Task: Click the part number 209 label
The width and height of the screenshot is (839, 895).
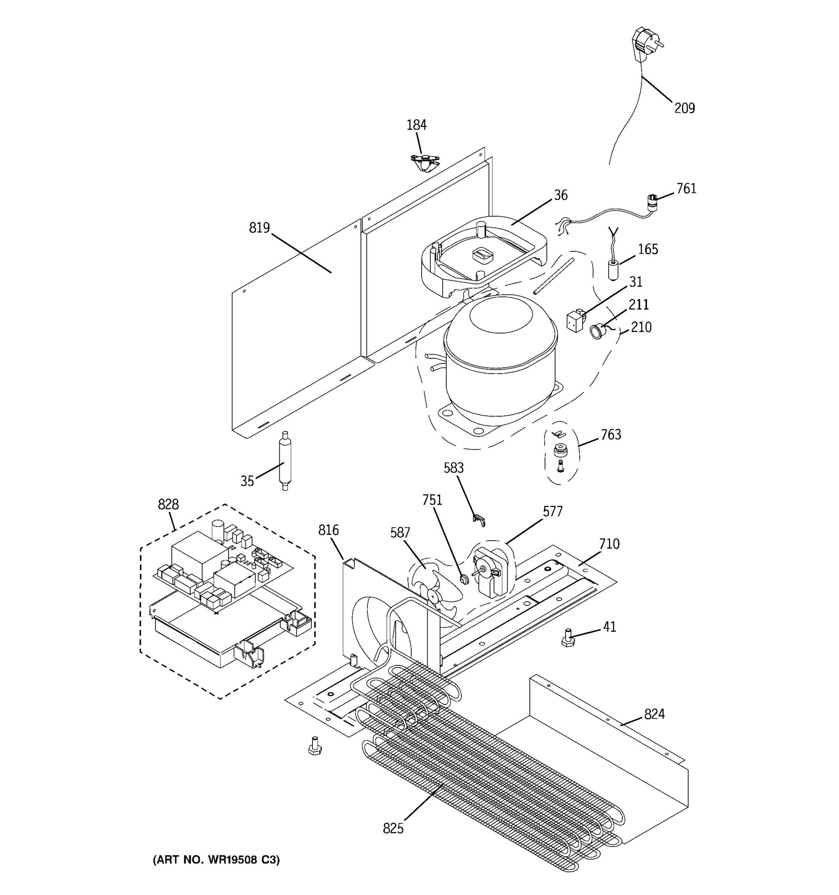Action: pyautogui.click(x=684, y=109)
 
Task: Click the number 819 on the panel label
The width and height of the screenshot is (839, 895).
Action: pyautogui.click(x=259, y=228)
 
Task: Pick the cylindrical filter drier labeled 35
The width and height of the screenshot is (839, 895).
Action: pyautogui.click(x=285, y=461)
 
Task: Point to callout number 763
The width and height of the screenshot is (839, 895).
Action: pyautogui.click(x=611, y=435)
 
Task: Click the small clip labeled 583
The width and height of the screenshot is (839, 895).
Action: pyautogui.click(x=480, y=520)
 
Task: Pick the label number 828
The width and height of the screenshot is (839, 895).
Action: pyautogui.click(x=168, y=505)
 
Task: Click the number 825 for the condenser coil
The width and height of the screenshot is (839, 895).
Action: pyautogui.click(x=393, y=828)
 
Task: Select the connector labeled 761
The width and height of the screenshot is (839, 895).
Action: pyautogui.click(x=651, y=201)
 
